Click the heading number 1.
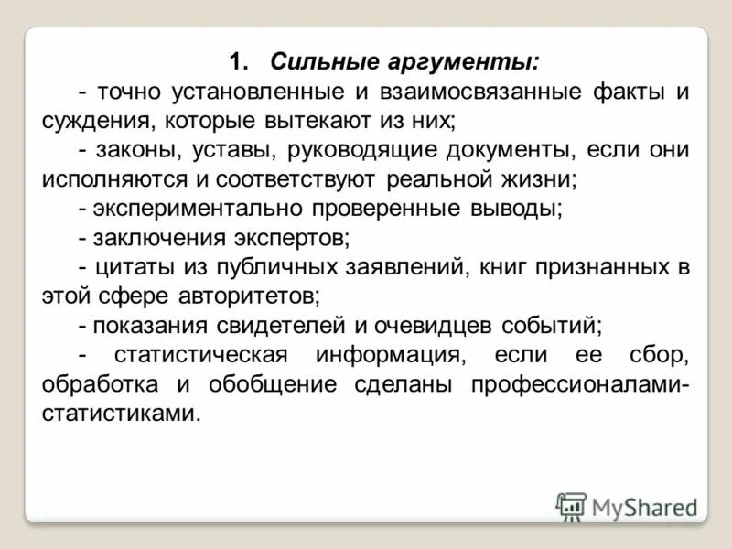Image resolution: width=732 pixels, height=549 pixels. (x=238, y=63)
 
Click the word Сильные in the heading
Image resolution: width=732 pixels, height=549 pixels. (x=318, y=63)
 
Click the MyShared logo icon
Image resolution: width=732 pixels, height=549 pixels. (x=571, y=506)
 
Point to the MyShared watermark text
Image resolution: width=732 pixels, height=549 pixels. (x=644, y=507)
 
